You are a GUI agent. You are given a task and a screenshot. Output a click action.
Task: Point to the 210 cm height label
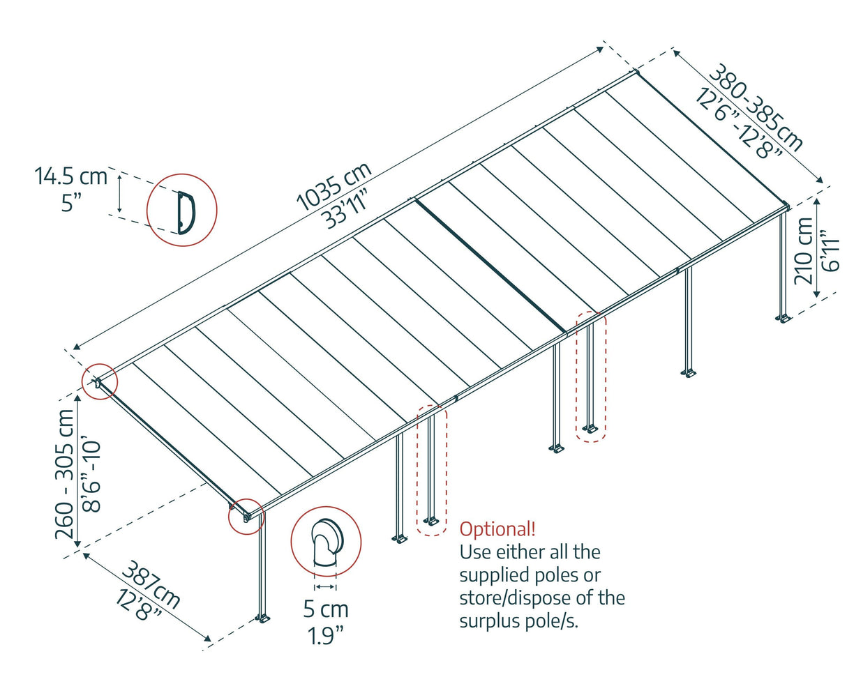click(x=804, y=250)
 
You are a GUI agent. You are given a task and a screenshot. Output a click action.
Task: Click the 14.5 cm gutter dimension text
click(x=71, y=176)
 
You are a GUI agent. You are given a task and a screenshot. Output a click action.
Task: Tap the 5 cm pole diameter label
click(x=326, y=609)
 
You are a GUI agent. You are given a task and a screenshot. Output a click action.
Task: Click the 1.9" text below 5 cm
click(x=326, y=635)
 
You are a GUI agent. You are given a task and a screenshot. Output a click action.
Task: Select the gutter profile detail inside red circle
click(x=183, y=210)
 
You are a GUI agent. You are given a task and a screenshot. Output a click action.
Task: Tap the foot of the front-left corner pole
click(x=263, y=618)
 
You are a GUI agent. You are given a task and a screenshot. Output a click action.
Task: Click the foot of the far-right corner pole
click(x=784, y=319)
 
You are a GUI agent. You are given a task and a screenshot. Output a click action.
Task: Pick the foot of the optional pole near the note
click(x=432, y=521)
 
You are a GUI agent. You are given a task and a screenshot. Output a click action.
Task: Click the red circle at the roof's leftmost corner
click(x=99, y=381)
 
